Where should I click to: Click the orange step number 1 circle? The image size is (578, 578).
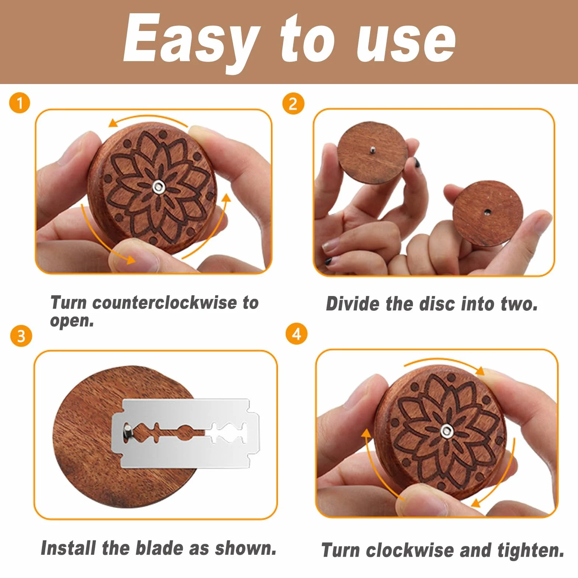(x=20, y=103)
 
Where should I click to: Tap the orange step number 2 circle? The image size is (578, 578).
(x=293, y=104)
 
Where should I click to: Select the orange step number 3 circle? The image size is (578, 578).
(x=21, y=336)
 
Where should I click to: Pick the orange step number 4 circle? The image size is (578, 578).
(x=296, y=334)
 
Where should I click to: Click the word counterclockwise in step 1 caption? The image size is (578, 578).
(x=164, y=303)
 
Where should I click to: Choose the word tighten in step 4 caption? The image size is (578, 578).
(x=531, y=551)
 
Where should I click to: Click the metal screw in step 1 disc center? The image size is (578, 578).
(x=159, y=187)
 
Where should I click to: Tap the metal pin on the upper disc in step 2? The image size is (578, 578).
(x=373, y=149)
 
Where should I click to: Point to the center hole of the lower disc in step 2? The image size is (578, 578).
(x=487, y=212)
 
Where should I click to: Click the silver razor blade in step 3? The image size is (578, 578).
(x=185, y=433)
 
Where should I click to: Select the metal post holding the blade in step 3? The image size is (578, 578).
(x=127, y=431)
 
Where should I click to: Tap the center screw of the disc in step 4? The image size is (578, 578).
(x=447, y=431)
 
